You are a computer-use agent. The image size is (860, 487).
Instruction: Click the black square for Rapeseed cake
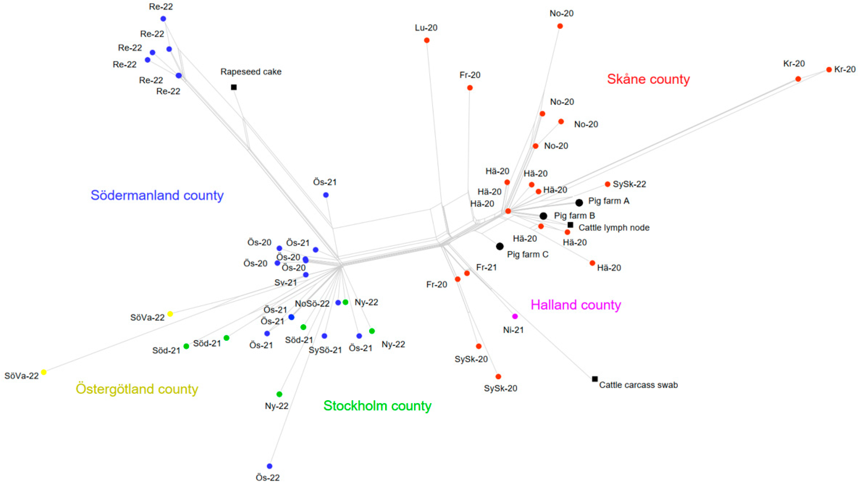click(x=234, y=87)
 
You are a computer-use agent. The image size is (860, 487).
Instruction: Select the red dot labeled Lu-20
click(x=427, y=40)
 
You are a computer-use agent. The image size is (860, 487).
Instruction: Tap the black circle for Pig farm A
click(x=579, y=202)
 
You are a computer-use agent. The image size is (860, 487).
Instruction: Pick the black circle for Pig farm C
click(x=500, y=246)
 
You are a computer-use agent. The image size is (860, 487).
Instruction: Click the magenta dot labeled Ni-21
click(x=515, y=316)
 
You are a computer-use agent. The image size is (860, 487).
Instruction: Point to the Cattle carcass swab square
click(x=595, y=379)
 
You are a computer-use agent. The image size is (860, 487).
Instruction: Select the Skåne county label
click(x=648, y=79)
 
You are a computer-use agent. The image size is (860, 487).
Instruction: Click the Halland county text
click(x=576, y=305)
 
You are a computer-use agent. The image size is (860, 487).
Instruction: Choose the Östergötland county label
click(x=137, y=389)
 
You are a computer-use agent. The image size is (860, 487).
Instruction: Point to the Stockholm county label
click(x=377, y=406)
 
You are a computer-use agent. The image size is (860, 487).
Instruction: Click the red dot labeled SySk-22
click(x=607, y=184)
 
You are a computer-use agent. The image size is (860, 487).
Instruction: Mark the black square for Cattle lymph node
click(x=570, y=225)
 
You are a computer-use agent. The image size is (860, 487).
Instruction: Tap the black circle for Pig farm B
click(x=543, y=216)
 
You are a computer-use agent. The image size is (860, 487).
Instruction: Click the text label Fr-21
click(x=486, y=267)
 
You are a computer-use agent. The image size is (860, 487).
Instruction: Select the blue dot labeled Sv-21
click(x=306, y=275)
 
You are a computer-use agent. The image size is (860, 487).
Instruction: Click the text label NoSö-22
click(x=312, y=304)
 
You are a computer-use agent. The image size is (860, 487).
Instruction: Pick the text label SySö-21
click(x=325, y=350)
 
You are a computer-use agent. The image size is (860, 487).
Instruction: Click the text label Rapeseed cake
click(x=251, y=72)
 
